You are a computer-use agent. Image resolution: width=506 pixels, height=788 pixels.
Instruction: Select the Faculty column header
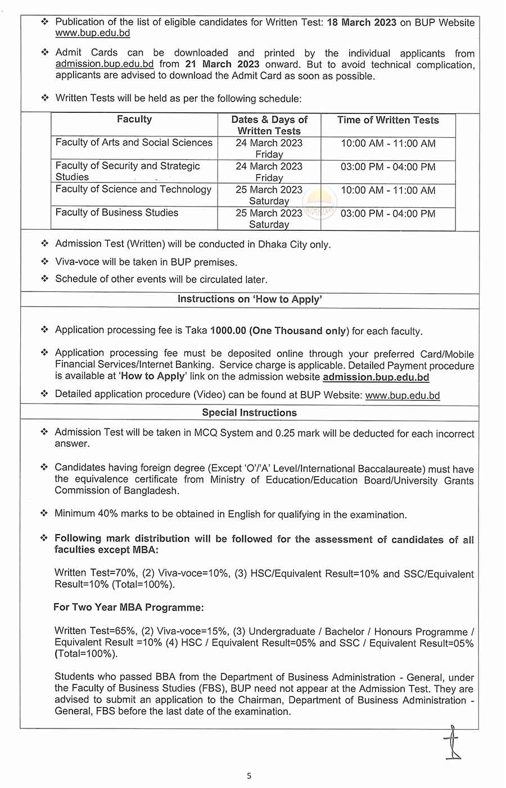click(x=134, y=119)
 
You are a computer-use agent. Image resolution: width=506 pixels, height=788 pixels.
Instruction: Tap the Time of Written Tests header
click(x=388, y=120)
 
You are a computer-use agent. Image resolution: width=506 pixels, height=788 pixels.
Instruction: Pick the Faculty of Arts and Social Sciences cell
click(x=134, y=143)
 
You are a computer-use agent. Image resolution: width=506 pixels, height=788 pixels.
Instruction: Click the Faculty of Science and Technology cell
click(x=133, y=189)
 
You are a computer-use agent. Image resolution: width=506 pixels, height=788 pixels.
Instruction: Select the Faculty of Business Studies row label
click(x=117, y=212)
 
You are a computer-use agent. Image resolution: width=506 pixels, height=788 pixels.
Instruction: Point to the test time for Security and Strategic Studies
click(x=388, y=167)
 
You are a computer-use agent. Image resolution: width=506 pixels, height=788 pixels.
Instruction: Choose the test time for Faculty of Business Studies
click(x=388, y=213)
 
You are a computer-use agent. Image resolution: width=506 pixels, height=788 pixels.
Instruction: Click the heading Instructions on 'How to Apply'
click(x=250, y=299)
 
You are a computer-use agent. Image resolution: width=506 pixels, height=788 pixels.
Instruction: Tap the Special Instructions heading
click(x=250, y=412)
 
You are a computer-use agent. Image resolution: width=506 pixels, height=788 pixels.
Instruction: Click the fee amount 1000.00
click(x=228, y=331)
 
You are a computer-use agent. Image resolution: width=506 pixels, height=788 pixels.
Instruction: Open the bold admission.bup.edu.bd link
click(x=376, y=377)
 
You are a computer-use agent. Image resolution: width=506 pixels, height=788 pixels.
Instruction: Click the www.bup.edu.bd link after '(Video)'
click(x=403, y=395)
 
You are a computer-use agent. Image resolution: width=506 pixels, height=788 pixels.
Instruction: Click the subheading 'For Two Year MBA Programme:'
click(x=129, y=607)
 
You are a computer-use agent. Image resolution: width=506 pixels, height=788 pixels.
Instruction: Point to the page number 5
click(x=249, y=776)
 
